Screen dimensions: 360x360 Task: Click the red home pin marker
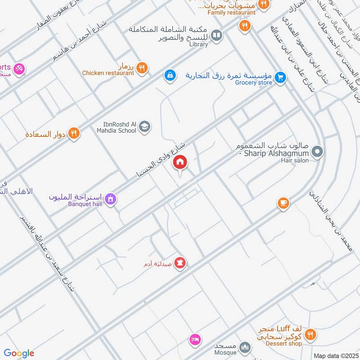(x=180, y=162)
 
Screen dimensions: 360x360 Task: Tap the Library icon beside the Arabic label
(x=216, y=35)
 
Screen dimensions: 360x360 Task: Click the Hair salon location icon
(x=317, y=152)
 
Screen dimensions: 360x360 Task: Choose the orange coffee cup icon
(x=283, y=203)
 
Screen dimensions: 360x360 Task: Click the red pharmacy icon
(x=180, y=262)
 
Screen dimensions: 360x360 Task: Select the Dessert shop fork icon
(x=310, y=334)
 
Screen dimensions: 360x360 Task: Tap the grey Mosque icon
(x=245, y=347)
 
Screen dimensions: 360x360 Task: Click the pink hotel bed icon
(x=195, y=340)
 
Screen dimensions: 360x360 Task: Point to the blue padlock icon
(x=169, y=75)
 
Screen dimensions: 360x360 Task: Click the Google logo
(x=19, y=353)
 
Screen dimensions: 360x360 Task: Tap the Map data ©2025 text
(x=335, y=355)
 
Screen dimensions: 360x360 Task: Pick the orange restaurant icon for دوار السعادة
(x=74, y=133)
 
